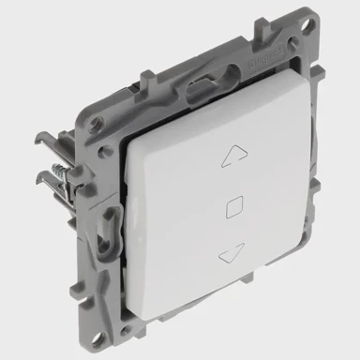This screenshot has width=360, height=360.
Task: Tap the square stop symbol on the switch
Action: pos(234,202)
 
